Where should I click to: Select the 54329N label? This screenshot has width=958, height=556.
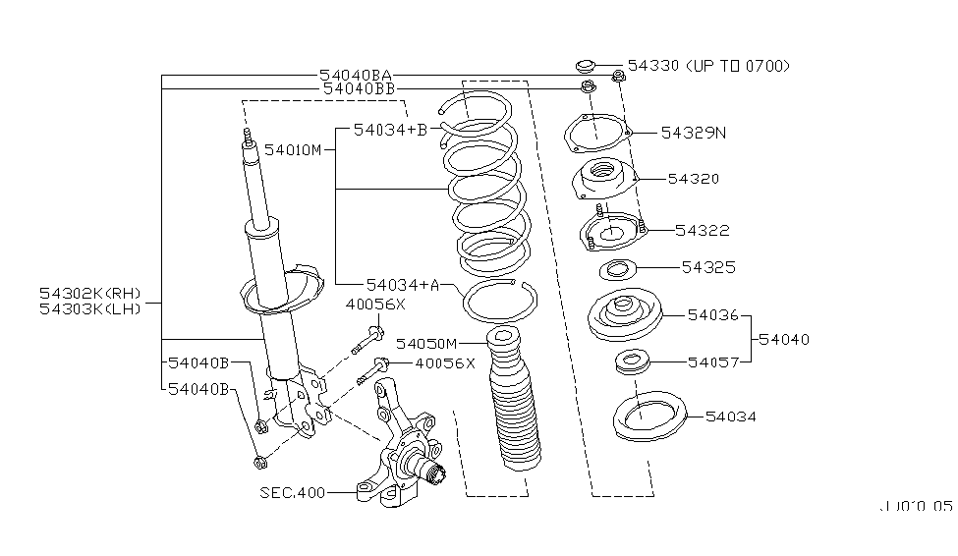click(x=694, y=132)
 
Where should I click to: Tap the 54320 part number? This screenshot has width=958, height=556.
click(x=694, y=179)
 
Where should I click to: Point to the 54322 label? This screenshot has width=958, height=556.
click(x=703, y=230)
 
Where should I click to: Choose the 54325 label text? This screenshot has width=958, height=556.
click(x=709, y=267)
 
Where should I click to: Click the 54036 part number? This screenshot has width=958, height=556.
click(x=713, y=314)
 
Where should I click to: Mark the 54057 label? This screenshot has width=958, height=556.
click(x=713, y=361)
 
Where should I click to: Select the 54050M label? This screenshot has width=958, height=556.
click(x=427, y=343)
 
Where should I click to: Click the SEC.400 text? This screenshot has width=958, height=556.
click(x=293, y=491)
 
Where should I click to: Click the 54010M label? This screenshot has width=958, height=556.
click(x=293, y=149)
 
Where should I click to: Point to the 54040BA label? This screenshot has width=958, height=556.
click(x=356, y=75)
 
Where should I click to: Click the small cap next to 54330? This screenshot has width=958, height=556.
click(x=585, y=67)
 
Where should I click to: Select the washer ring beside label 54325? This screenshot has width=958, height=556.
click(x=618, y=269)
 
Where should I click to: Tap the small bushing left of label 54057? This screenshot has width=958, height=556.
click(x=634, y=362)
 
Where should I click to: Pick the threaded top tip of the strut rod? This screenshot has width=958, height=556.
click(x=247, y=137)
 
